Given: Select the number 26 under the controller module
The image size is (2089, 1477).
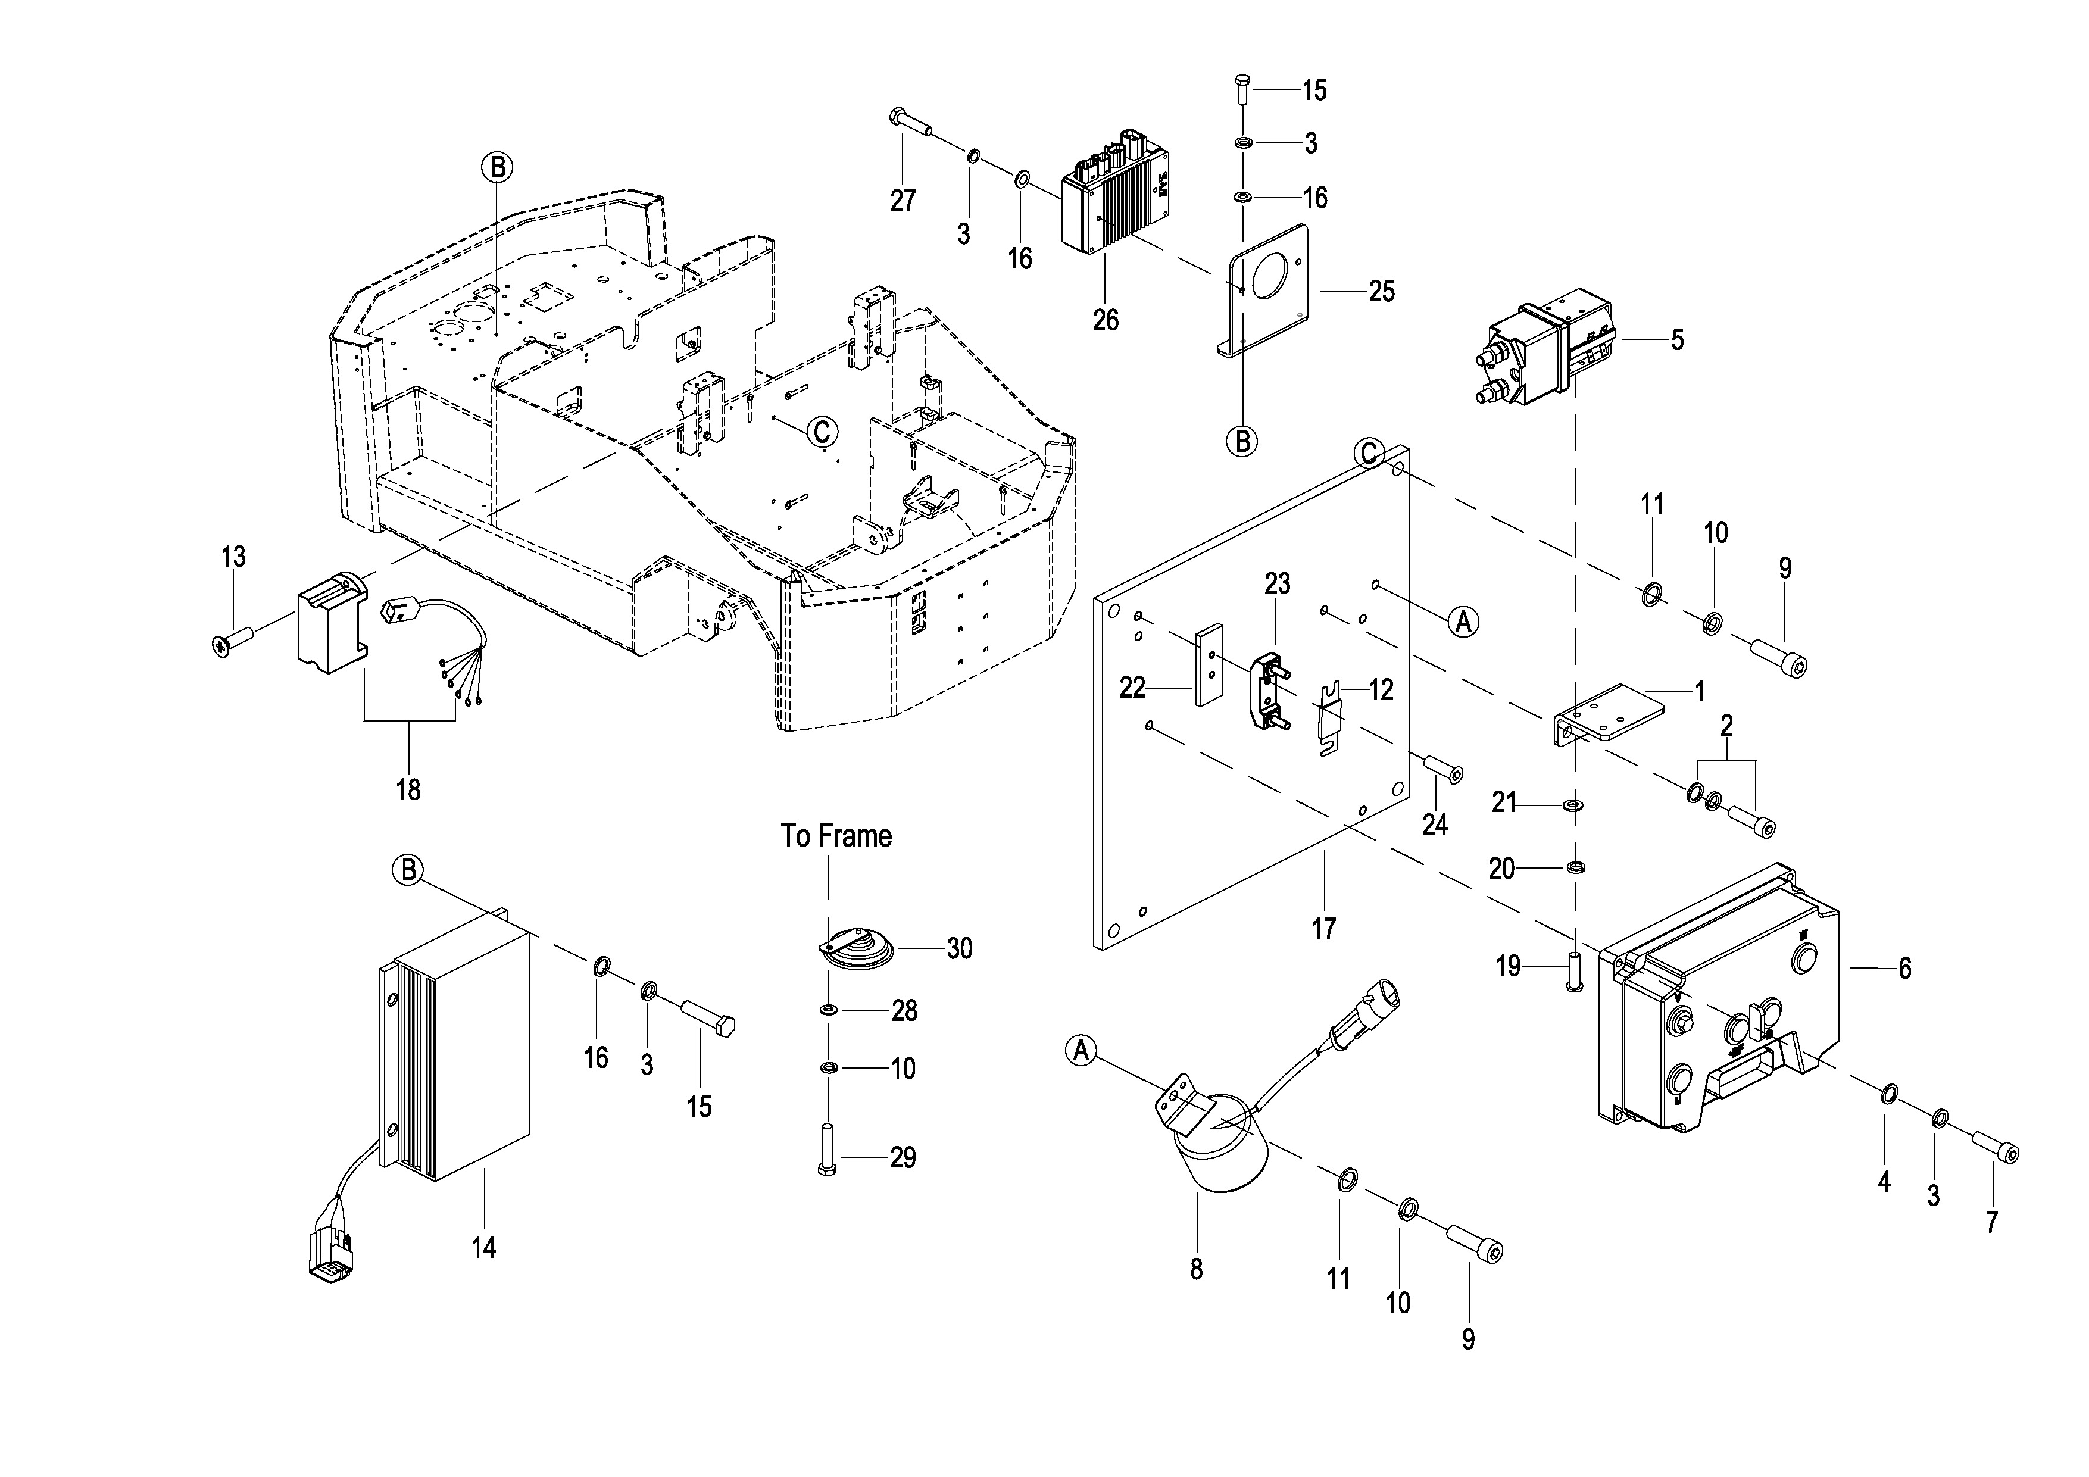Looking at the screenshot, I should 1106,320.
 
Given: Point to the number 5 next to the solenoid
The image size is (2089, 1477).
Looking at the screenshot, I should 1677,341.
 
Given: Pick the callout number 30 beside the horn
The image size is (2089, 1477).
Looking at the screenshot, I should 960,949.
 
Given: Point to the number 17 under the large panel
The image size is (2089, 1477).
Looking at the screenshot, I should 1324,929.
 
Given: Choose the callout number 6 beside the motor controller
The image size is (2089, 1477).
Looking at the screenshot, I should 1904,968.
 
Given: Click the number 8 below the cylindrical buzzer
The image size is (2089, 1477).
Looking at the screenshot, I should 1197,1269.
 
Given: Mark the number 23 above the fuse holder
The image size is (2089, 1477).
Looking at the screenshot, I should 1278,584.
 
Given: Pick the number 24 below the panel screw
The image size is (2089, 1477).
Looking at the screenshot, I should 1435,825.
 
